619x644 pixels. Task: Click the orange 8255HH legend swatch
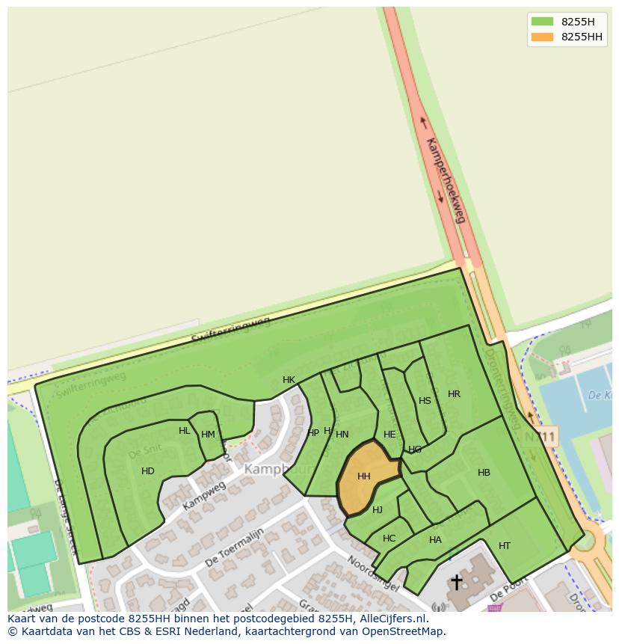(x=542, y=37)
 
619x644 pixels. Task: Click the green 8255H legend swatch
(x=542, y=21)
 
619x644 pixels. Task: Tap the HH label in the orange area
(x=364, y=476)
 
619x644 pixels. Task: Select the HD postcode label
(x=148, y=471)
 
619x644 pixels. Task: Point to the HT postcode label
(x=505, y=546)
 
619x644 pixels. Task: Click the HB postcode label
(x=484, y=473)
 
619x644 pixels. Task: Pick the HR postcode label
(x=454, y=394)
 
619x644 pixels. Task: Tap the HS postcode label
(x=425, y=401)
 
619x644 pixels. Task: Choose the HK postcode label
(x=289, y=380)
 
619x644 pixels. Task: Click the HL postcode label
(x=184, y=431)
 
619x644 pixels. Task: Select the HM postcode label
(x=208, y=435)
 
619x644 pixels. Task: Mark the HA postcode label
(x=435, y=540)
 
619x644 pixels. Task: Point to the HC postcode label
(x=389, y=539)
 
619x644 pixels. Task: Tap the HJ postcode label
(x=378, y=510)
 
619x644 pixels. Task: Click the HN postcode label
(x=342, y=435)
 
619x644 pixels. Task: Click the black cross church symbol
(x=456, y=582)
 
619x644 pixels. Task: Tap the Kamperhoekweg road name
(x=446, y=180)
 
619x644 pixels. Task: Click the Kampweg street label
(x=203, y=497)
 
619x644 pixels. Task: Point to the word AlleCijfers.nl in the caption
(x=390, y=619)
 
